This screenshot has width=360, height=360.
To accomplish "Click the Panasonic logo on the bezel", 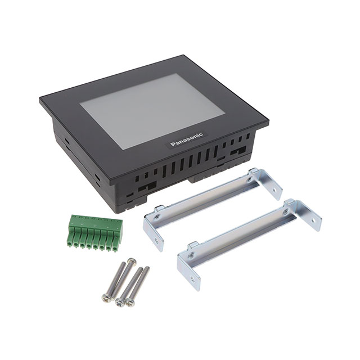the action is [187, 139].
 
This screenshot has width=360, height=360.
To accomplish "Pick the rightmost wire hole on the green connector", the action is [115, 249].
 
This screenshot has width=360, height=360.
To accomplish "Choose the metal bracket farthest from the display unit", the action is [249, 245].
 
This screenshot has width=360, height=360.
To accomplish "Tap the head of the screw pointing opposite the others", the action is [132, 261].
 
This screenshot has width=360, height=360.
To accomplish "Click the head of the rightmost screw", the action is [130, 302].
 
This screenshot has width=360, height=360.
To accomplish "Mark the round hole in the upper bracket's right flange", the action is [274, 190].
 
